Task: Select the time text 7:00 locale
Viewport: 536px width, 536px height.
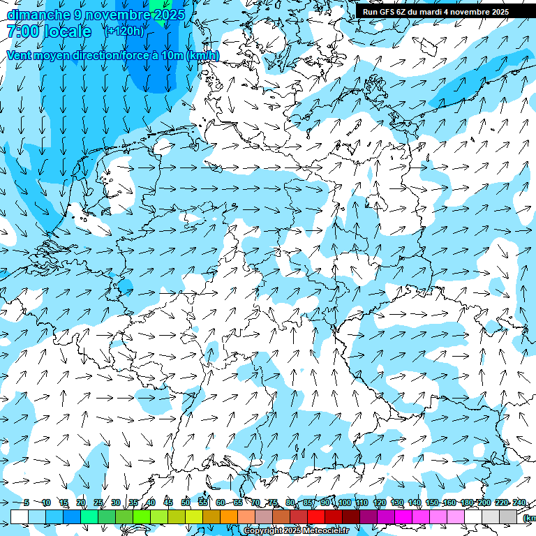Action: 49,31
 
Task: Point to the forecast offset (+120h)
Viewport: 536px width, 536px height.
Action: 124,31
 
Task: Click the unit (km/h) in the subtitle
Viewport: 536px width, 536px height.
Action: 202,55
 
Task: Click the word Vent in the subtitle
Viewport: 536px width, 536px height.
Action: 20,55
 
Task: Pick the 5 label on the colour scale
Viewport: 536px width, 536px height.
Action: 27,502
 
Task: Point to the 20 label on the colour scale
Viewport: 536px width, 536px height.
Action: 81,502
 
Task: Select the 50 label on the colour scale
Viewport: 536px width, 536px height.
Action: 186,502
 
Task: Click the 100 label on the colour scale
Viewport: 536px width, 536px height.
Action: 344,502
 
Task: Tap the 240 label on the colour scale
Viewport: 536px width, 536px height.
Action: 519,502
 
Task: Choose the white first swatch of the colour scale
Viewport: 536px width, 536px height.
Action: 20,516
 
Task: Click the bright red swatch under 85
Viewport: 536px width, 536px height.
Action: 316,516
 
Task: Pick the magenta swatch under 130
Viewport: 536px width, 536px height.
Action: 403,516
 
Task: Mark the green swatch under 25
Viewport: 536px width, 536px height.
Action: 107,516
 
